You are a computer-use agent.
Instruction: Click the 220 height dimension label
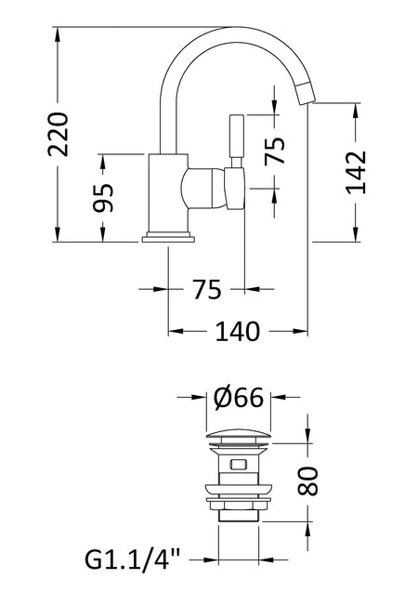click(59, 134)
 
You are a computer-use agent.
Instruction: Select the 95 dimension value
click(102, 198)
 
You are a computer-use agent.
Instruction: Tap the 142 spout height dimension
click(356, 172)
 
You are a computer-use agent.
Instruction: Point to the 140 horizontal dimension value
click(238, 332)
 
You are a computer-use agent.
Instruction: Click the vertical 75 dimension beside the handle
click(274, 151)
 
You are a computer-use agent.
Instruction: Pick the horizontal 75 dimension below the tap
click(207, 290)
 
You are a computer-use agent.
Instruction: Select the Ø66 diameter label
click(238, 397)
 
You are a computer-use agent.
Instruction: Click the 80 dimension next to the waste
click(307, 481)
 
